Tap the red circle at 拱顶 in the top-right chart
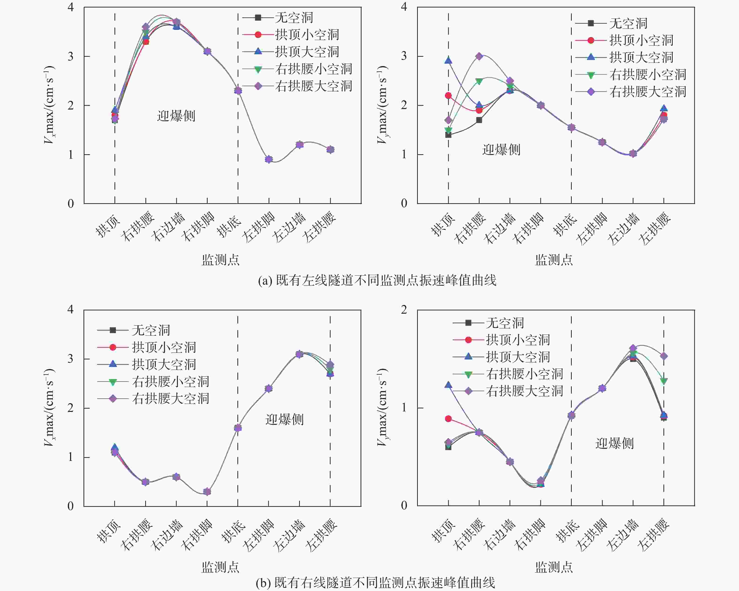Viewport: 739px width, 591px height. click(x=448, y=96)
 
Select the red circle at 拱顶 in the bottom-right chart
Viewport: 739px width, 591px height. click(x=448, y=419)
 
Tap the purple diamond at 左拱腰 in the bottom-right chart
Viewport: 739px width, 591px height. click(x=664, y=356)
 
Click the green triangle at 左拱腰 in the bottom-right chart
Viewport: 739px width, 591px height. click(x=664, y=381)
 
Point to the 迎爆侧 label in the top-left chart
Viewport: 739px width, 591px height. click(x=176, y=116)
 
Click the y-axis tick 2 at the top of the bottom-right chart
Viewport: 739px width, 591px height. click(x=404, y=310)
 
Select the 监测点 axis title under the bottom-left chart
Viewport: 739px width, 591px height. click(x=220, y=567)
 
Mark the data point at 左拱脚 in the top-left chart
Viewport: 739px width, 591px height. click(x=269, y=159)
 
